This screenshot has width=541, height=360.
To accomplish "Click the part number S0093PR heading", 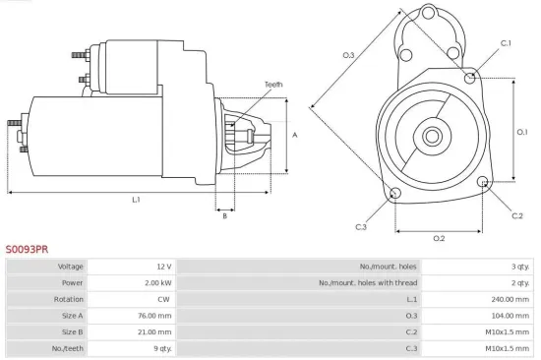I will click(27, 250).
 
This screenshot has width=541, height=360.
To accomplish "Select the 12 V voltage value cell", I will click(164, 267).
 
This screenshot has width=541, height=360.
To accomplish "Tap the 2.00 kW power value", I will click(158, 283).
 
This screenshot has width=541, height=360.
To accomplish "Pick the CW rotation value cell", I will click(164, 299).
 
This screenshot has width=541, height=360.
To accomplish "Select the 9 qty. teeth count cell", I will click(162, 348).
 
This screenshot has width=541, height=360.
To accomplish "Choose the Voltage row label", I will click(71, 267).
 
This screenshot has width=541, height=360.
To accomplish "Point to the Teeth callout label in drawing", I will click(272, 85).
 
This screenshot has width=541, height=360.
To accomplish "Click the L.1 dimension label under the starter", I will click(136, 200).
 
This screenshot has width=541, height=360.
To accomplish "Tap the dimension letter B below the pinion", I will click(224, 215).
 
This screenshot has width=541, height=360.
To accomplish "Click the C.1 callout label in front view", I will click(506, 43).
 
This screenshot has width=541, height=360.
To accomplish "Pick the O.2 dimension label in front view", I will click(439, 238).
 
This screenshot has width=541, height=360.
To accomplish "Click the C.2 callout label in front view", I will click(517, 214).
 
